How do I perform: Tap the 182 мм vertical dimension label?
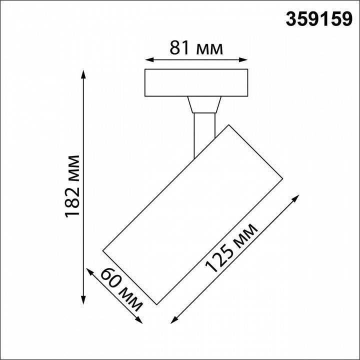(x=73, y=186)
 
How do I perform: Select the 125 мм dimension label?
(x=232, y=248)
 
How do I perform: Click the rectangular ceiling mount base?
(x=196, y=82)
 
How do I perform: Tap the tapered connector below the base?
(x=203, y=104)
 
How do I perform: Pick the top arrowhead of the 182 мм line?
(x=83, y=73)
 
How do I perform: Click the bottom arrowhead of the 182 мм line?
(x=83, y=300)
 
